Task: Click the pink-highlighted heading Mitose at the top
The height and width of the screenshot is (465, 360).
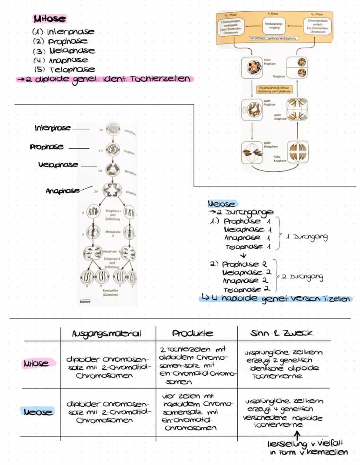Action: click(x=50, y=19)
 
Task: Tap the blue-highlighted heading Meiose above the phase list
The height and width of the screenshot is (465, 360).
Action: click(x=222, y=204)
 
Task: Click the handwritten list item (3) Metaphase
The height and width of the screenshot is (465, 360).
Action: click(x=64, y=51)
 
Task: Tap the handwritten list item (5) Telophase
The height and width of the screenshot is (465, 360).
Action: click(x=64, y=70)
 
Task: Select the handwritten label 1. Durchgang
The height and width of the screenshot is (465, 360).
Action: click(x=307, y=238)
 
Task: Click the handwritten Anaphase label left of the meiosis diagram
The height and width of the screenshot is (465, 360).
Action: click(x=63, y=191)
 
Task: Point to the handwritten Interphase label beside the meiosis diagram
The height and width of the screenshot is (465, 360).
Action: click(x=53, y=128)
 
